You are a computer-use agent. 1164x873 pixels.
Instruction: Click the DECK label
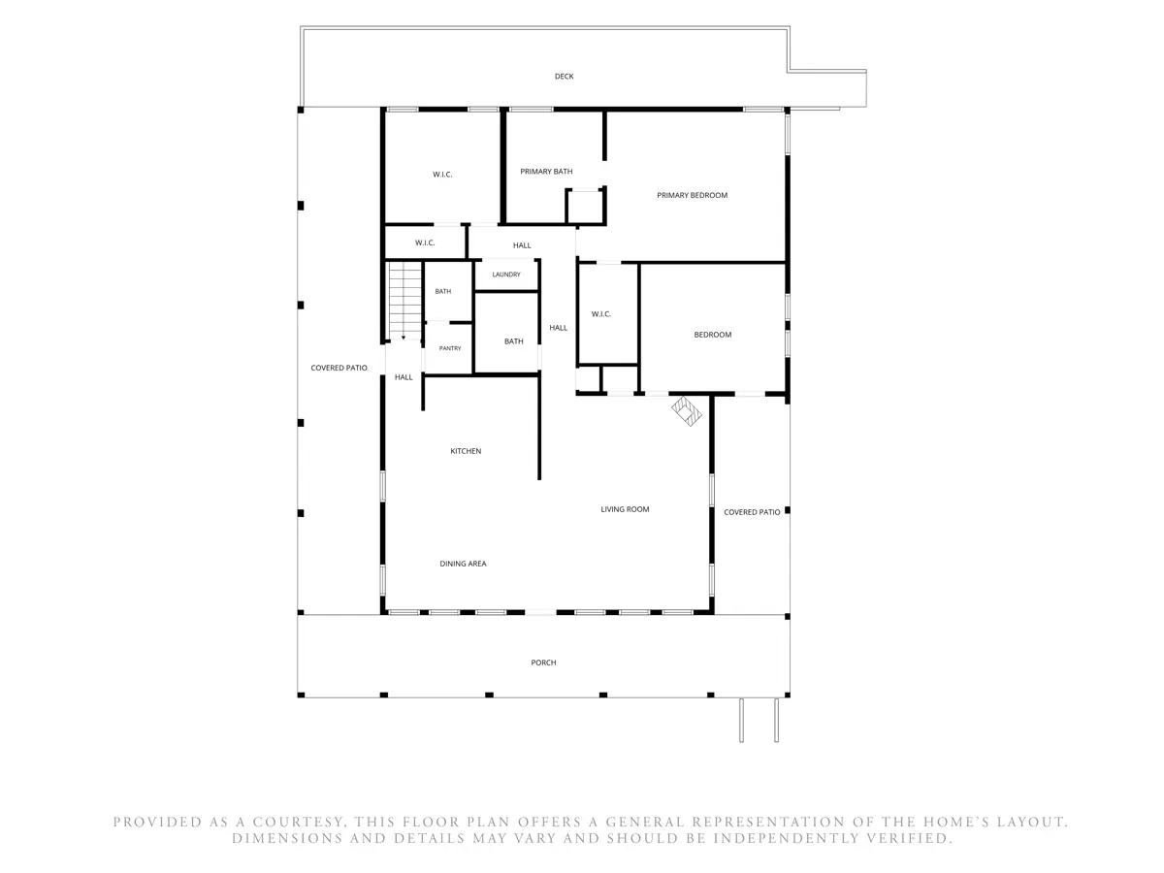pyautogui.click(x=564, y=77)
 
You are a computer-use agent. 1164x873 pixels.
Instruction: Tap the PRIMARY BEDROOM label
pyautogui.click(x=692, y=195)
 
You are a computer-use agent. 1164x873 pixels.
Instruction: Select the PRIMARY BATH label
pyautogui.click(x=546, y=172)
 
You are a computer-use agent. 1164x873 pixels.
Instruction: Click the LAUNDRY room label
pyautogui.click(x=506, y=275)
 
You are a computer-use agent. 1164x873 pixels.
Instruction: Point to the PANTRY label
pyautogui.click(x=450, y=348)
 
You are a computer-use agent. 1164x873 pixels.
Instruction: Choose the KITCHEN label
pyautogui.click(x=466, y=451)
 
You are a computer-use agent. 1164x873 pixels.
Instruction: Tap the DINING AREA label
pyautogui.click(x=463, y=564)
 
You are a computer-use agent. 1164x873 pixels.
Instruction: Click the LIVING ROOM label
pyautogui.click(x=625, y=509)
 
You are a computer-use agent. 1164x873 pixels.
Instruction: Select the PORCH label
pyautogui.click(x=543, y=663)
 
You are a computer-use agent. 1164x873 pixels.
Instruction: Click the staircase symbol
pyautogui.click(x=404, y=301)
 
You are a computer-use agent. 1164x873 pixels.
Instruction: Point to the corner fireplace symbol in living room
pyautogui.click(x=686, y=410)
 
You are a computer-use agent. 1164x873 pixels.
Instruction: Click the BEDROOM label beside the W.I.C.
pyautogui.click(x=712, y=335)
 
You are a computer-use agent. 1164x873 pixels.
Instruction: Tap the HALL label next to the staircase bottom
pyautogui.click(x=403, y=377)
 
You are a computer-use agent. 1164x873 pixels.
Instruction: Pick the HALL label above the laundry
pyautogui.click(x=522, y=245)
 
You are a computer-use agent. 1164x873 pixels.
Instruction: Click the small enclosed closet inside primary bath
pyautogui.click(x=585, y=207)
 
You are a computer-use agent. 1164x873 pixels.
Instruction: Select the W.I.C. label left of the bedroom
pyautogui.click(x=600, y=314)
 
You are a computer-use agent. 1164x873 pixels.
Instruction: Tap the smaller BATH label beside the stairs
pyautogui.click(x=442, y=292)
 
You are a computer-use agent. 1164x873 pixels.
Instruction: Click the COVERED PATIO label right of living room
pyautogui.click(x=752, y=512)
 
